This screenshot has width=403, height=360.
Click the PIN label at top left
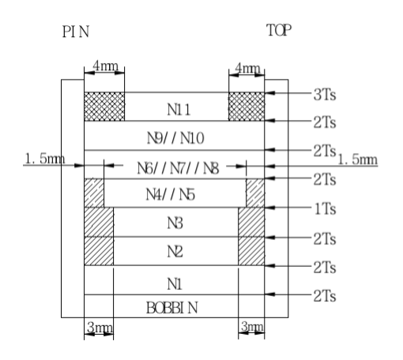pos(76,32)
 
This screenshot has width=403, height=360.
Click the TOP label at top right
pos(279,30)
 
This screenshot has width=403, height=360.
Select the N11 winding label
pos(179,110)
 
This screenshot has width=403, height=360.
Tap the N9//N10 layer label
pos(175,138)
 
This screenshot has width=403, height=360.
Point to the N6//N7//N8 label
pos(178,168)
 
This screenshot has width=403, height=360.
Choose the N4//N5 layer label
pos(171,195)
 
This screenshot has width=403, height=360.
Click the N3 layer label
pos(175,223)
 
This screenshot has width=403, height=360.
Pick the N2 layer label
pos(175,251)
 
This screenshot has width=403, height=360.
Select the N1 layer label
pos(175,284)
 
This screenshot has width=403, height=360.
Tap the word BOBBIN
pos(171,308)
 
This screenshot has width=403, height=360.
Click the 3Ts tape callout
pos(325,95)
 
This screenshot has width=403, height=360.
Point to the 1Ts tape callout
pos(325,209)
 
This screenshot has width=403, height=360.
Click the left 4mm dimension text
pos(106,66)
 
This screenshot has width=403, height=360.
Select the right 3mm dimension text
pos(252,327)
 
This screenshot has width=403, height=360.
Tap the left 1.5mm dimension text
pos(44,159)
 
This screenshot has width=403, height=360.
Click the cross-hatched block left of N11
pos(104,107)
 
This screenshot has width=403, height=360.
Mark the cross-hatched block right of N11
pos(247,107)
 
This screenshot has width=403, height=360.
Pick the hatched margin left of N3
pos(99,222)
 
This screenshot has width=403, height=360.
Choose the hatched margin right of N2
pos(251,251)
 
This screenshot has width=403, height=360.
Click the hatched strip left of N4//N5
pos(94,193)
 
